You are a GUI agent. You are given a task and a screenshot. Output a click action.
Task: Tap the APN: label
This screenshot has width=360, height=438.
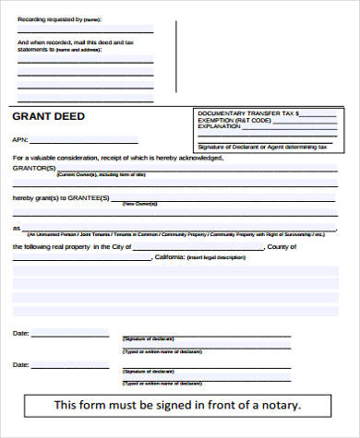point(20,139)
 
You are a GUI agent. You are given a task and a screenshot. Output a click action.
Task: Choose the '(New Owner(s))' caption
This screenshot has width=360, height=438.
point(138,204)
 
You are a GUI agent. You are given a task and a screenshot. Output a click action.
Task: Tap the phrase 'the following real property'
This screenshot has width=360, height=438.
point(47,247)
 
